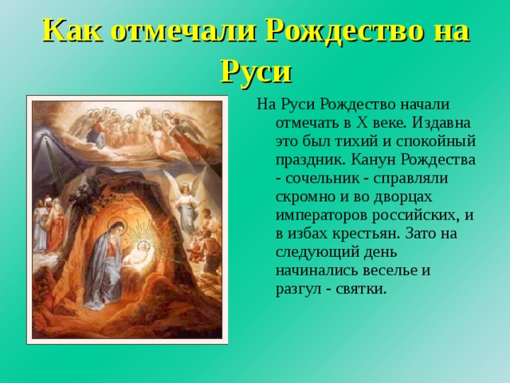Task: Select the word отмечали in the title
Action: (187, 31)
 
